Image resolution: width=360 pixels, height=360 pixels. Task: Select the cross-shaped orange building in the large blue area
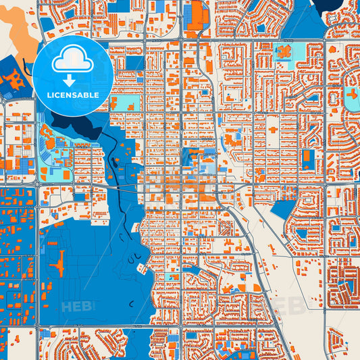(59, 261)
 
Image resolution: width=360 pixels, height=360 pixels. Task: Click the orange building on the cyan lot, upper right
(283, 51)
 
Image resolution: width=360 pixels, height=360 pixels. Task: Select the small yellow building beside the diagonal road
(238, 241)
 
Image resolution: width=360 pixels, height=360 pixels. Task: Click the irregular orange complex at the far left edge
(11, 81)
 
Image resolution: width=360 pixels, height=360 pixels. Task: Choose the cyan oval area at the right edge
(352, 98)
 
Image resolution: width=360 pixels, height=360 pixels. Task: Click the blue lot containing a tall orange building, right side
(308, 159)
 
